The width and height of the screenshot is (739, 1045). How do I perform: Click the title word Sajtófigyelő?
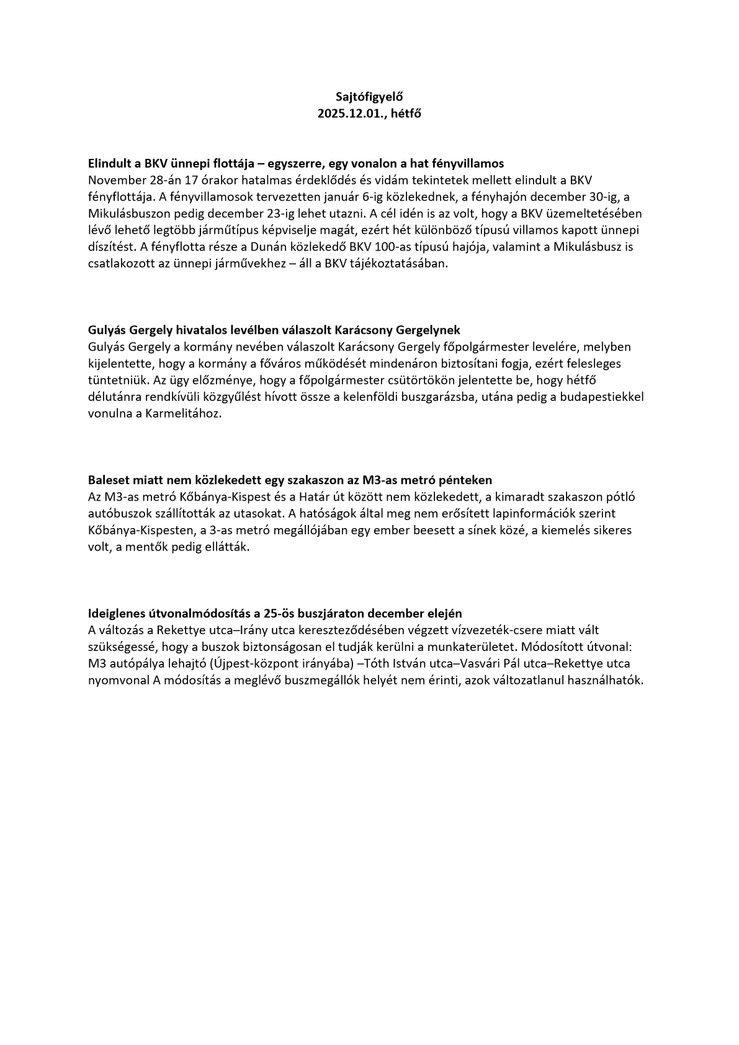coord(369,97)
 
